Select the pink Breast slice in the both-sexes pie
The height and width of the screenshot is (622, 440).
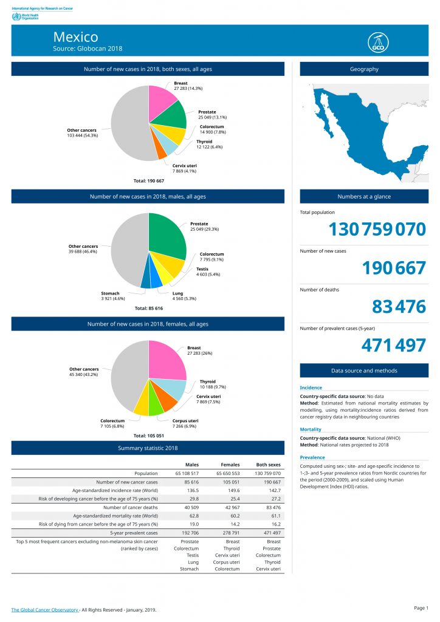point(163,100)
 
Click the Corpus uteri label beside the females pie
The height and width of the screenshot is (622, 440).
point(185,423)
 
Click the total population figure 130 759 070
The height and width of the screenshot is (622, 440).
point(377,230)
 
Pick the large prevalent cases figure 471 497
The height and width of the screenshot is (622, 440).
point(393,346)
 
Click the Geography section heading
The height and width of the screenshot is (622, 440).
point(364,69)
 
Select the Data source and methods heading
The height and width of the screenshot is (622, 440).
point(364,371)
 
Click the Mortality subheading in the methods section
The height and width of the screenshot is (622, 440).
point(311,429)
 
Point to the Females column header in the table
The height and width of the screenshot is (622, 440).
point(230,465)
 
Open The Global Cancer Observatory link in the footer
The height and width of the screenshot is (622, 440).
point(45,609)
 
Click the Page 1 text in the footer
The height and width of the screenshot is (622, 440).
point(421,608)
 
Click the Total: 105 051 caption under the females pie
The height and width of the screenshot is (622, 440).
point(149,436)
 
